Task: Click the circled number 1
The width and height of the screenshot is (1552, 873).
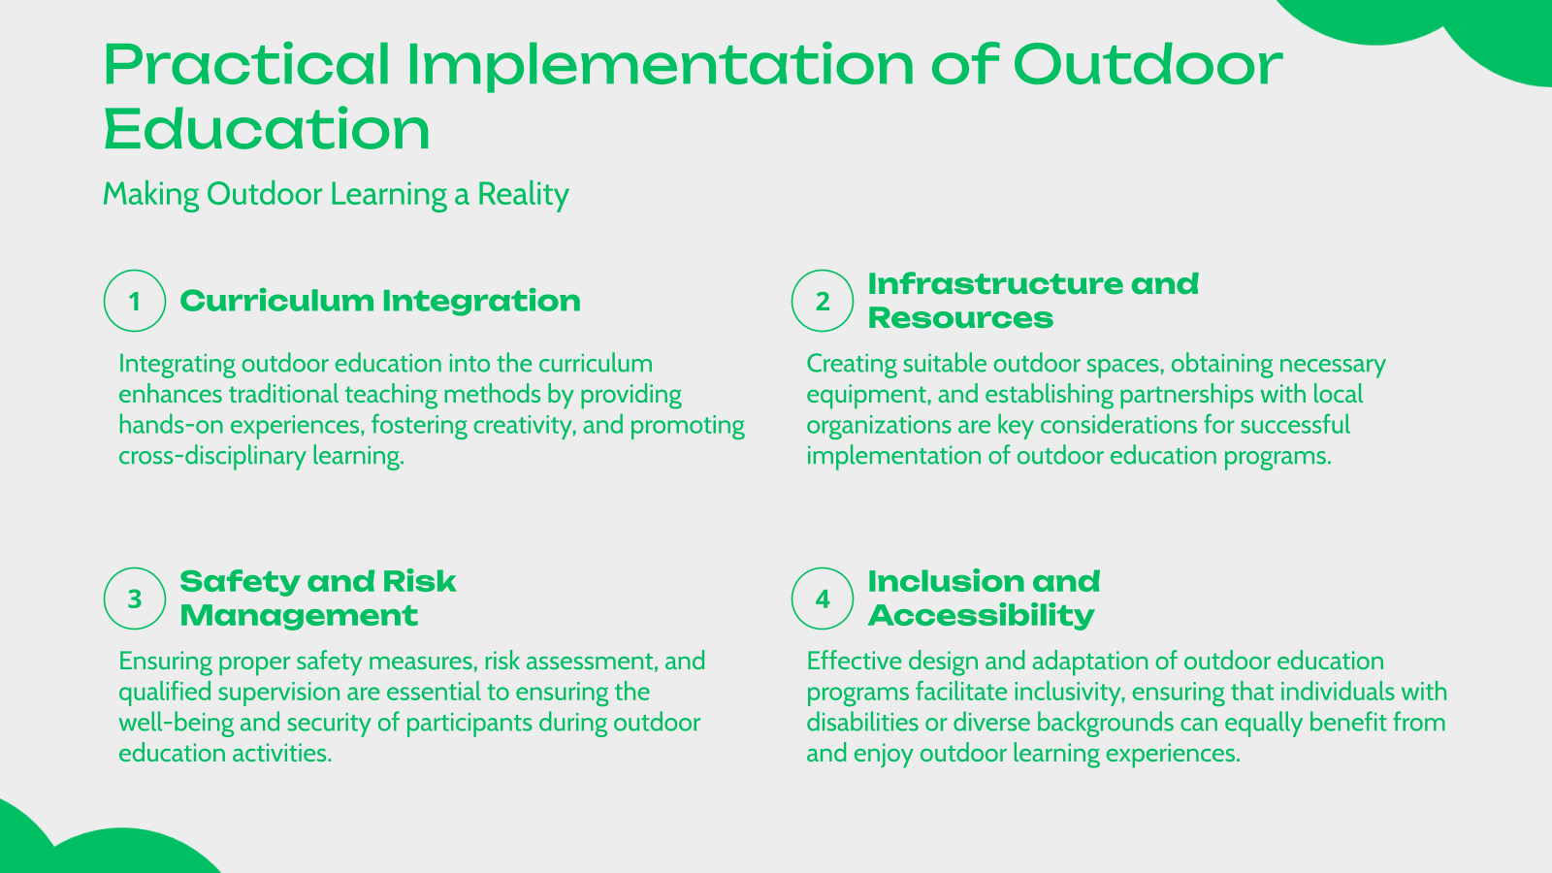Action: (135, 301)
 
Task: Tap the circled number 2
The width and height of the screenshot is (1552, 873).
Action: (823, 301)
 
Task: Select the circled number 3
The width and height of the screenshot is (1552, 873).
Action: (135, 598)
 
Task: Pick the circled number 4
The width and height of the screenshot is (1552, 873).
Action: (823, 598)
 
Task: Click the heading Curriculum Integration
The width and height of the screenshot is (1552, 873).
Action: (379, 301)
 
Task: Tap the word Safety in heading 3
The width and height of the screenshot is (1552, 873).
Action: (239, 582)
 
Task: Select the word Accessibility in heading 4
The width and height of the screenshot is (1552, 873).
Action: (981, 616)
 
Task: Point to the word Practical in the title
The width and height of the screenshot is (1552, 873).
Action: (246, 66)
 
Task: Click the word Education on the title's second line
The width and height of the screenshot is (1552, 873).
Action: (267, 130)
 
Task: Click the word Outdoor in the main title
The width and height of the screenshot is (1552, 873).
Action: (1147, 66)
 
